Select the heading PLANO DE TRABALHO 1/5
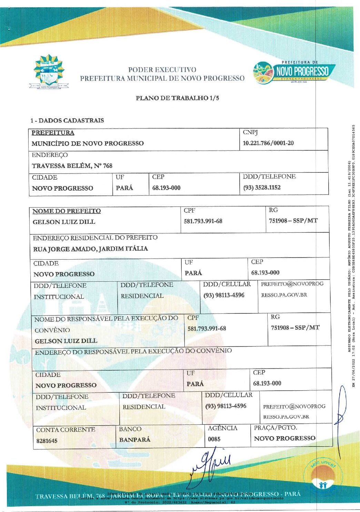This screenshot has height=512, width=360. coord(177,98)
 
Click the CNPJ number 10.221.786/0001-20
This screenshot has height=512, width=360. coord(268,143)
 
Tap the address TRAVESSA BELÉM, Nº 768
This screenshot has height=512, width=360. coord(72,166)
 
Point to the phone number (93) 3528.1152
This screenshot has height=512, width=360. coord(262,188)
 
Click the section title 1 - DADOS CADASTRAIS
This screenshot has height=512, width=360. coord(67,120)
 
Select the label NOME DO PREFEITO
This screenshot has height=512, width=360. coord(67,211)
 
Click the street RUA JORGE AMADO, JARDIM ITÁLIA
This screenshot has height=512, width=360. coord(90,249)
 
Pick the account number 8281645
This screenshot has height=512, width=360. coord(47,441)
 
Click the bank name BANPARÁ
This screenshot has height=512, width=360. coord(134,440)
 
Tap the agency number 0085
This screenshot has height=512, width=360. coord(214,439)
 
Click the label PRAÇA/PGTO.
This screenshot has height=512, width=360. coord(275,428)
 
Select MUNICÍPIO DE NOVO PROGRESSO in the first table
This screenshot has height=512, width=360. coord(88,143)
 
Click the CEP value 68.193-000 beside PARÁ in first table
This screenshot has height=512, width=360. coord(166,188)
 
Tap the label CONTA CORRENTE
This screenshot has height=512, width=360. coord(66,430)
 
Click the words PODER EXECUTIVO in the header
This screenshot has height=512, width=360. coord(162,70)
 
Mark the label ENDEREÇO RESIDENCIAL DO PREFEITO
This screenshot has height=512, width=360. coord(95,238)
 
